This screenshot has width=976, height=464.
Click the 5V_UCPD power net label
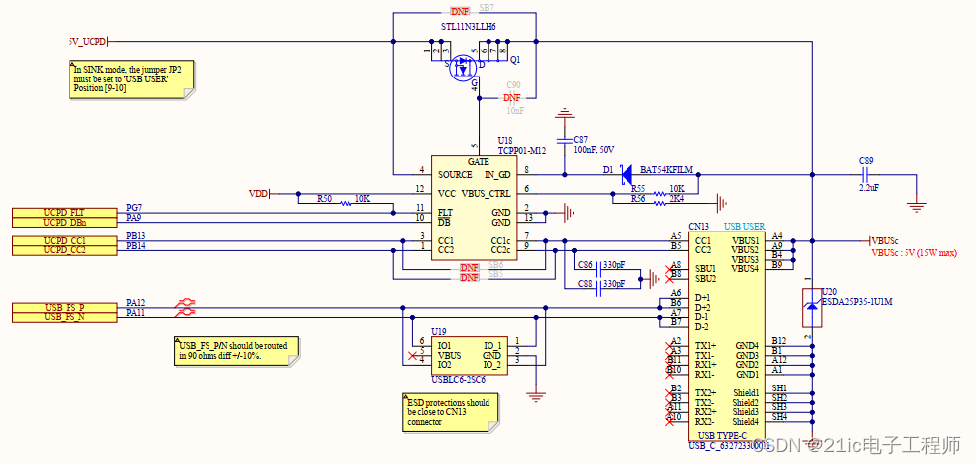coord(87,42)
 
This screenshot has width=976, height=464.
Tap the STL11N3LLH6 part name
coord(468,27)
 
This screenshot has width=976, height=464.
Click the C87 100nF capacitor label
coord(593,144)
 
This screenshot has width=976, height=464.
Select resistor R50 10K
coord(344,201)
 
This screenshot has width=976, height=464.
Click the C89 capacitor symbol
coord(866,174)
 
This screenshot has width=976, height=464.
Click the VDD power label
coord(258,193)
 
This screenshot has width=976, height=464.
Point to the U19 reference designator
coord(438,330)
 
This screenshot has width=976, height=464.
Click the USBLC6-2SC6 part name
coord(459,379)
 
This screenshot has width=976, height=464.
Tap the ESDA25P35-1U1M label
coord(858,301)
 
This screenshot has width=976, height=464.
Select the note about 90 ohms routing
coord(233,350)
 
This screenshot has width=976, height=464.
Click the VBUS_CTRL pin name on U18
coord(487,192)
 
